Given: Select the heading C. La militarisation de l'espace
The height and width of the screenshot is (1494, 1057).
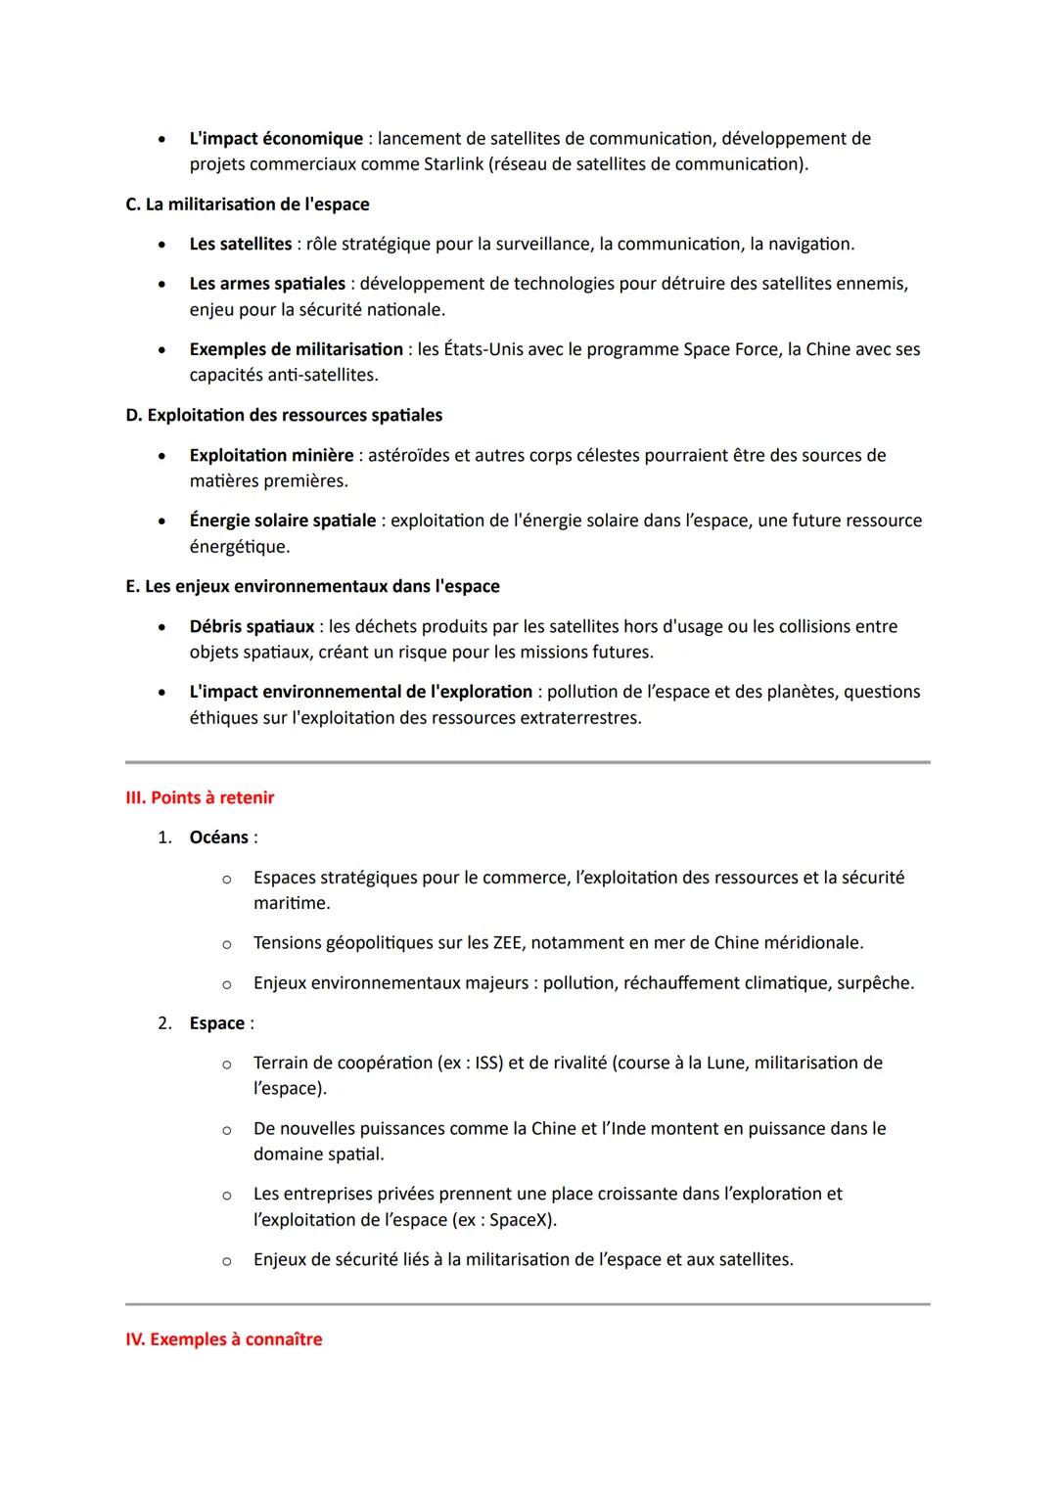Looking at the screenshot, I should (248, 204).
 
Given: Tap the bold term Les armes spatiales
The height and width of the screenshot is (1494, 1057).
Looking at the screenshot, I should (267, 284).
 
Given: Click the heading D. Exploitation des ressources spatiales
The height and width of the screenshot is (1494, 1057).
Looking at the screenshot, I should (284, 416).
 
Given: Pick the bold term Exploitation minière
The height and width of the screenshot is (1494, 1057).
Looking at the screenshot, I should (271, 455).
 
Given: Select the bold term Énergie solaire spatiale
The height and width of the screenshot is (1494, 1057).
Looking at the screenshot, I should (282, 521).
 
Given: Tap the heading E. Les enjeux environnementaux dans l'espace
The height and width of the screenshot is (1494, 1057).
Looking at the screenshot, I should (312, 587).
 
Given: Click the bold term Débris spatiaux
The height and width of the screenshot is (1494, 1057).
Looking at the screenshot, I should (252, 626).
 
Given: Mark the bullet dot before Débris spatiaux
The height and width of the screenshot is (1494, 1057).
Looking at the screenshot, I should (161, 627).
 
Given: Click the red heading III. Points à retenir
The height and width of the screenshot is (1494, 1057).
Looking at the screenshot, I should (200, 798).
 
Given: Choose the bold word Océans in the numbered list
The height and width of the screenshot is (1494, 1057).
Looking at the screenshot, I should (218, 838).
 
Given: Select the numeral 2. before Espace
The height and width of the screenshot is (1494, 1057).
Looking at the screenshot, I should (164, 1023).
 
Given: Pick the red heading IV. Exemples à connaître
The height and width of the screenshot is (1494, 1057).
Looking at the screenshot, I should (223, 1339).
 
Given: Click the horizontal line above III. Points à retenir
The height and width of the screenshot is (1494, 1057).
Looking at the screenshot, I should (528, 762).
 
